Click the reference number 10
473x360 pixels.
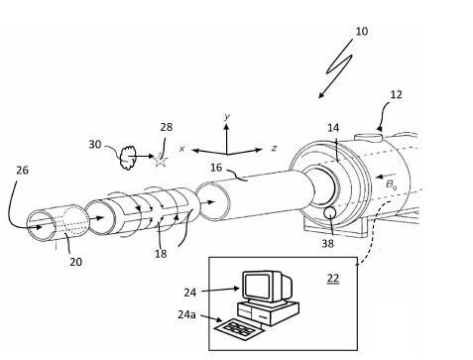pyautogui.click(x=360, y=32)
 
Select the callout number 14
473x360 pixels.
pyautogui.click(x=333, y=128)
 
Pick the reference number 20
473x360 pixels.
pyautogui.click(x=75, y=262)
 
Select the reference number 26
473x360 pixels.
pyautogui.click(x=22, y=170)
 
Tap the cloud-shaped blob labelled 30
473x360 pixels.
pyautogui.click(x=127, y=156)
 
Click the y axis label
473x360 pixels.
pyautogui.click(x=227, y=117)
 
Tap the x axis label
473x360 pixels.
pyautogui.click(x=182, y=148)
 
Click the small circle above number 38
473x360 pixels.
pyautogui.click(x=329, y=213)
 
